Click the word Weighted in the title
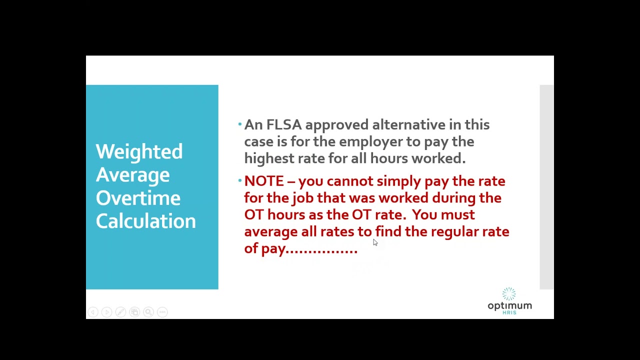tap(139, 152)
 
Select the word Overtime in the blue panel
tap(138, 198)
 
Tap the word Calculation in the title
tap(145, 221)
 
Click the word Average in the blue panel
tap(132, 175)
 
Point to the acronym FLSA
tap(283, 124)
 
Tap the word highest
tap(266, 158)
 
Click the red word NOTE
tap(264, 181)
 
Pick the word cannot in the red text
tap(349, 181)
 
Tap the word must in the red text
tap(458, 214)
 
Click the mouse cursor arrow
tap(375, 242)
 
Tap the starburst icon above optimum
tap(509, 293)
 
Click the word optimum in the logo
tap(509, 305)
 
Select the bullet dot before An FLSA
tap(240, 123)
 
